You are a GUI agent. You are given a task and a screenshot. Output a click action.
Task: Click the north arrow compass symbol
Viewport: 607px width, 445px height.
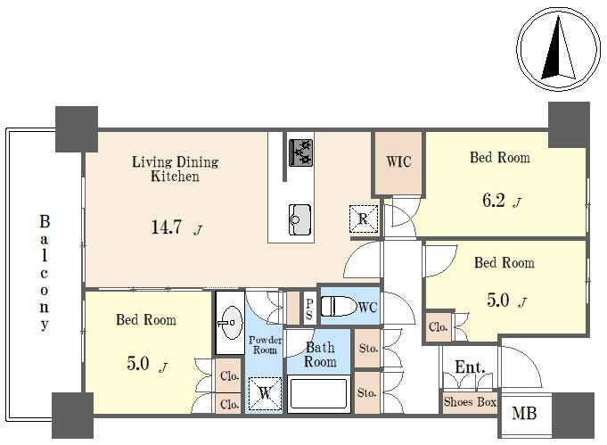pos(559,49)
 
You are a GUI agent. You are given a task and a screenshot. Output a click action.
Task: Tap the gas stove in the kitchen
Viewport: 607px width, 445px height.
pos(300,152)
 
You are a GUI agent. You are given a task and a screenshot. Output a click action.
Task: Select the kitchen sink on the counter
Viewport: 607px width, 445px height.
pos(299,219)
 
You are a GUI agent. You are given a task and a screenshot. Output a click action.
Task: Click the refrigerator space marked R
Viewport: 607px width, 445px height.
pos(363,218)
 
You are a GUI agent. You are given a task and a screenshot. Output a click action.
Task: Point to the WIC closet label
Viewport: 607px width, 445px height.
pos(398,161)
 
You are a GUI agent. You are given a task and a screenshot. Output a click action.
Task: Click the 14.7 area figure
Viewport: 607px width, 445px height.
pos(166,227)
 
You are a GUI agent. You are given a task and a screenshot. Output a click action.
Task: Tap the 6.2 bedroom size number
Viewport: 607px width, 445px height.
pos(494,201)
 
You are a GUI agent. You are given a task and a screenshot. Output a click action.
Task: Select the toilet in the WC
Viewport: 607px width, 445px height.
pos(339,307)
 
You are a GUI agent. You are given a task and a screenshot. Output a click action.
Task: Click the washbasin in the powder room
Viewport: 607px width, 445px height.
pos(230,323)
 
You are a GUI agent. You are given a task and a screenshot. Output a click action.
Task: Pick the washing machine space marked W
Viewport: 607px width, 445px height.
pos(265,393)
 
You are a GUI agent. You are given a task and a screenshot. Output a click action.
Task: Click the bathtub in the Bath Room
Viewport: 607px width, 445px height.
pos(318,393)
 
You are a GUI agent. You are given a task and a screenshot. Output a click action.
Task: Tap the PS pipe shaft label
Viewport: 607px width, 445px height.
pos(309,309)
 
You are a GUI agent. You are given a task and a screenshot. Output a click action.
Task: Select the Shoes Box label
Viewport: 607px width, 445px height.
pos(470,402)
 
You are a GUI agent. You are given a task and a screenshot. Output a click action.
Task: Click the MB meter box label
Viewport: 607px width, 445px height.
pos(524,413)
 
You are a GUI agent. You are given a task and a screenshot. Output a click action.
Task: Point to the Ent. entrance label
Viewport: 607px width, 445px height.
pos(470,367)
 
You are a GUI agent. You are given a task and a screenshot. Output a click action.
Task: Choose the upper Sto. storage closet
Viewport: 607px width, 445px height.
pos(367,348)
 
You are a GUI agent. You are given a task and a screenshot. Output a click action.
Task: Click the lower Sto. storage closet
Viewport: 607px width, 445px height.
pos(367,392)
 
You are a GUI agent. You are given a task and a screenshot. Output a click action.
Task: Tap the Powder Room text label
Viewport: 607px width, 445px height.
pos(266,345)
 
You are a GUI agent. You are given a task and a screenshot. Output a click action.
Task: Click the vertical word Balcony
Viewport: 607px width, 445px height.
pos(45,273)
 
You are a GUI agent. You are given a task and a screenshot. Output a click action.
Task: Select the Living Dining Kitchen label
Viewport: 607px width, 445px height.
pos(176,169)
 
